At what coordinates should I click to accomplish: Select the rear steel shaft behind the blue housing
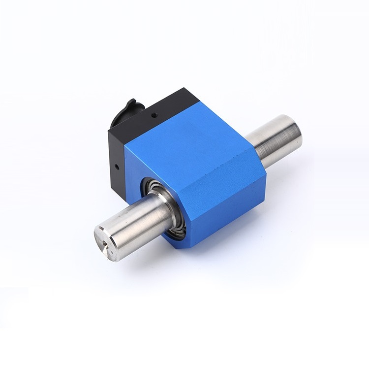pyautogui.click(x=276, y=140)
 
